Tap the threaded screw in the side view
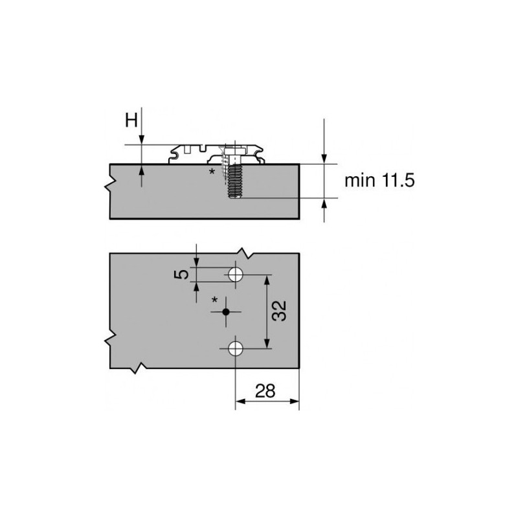point(234,181)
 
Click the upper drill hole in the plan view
point(235,274)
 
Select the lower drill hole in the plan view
point(235,349)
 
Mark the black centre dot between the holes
point(225,312)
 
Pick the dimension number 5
point(184,274)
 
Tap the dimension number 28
point(265,390)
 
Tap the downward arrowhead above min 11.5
point(324,158)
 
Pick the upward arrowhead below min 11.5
point(324,203)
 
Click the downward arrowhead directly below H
point(142,140)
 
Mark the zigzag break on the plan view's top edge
point(243,251)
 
